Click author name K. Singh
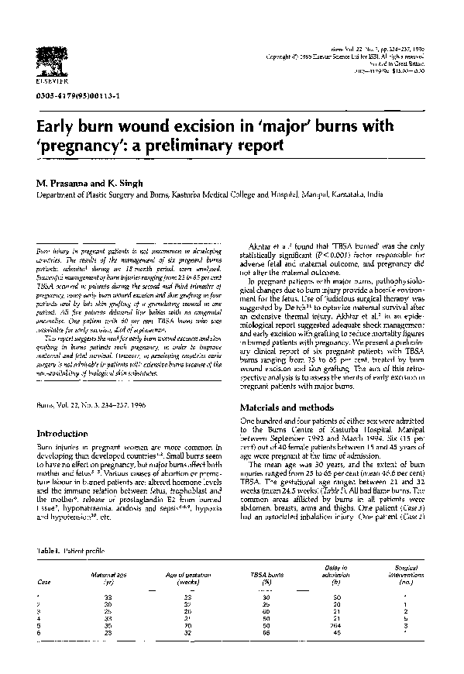(x=129, y=182)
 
